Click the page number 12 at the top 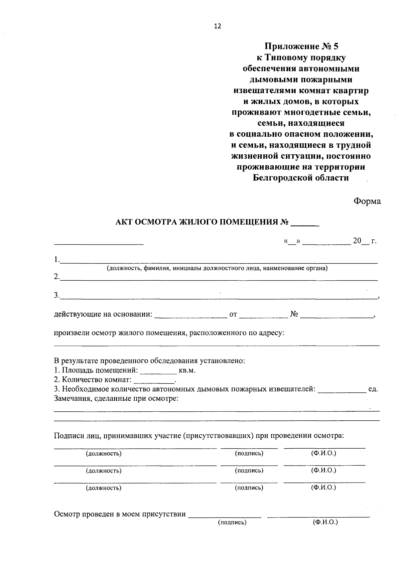pyautogui.click(x=217, y=27)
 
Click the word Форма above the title pyautogui.click(x=367, y=202)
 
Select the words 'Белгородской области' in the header pyautogui.click(x=301, y=178)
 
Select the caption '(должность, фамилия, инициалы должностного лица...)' pyautogui.click(x=217, y=268)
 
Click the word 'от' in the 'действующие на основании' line pyautogui.click(x=233, y=314)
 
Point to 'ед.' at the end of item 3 pyautogui.click(x=373, y=389)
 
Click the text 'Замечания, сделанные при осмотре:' pyautogui.click(x=116, y=398)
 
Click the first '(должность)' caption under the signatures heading pyautogui.click(x=103, y=454)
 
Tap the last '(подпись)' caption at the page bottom pyautogui.click(x=232, y=522)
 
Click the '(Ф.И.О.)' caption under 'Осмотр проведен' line pyautogui.click(x=325, y=522)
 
